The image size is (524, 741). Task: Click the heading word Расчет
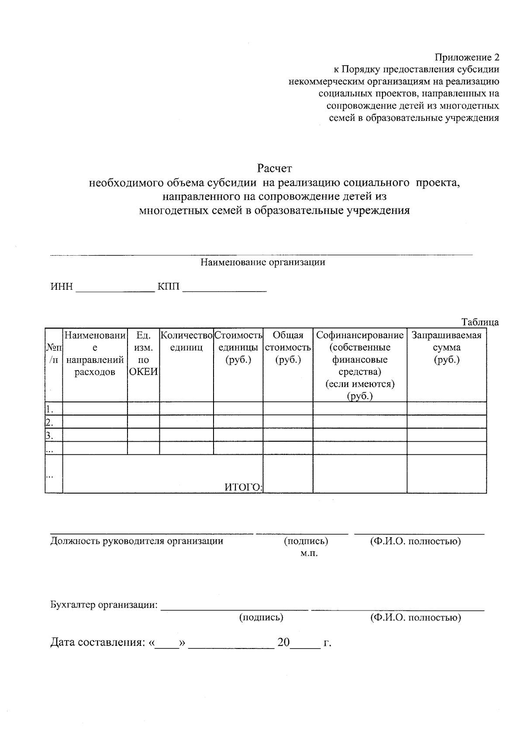pos(274,168)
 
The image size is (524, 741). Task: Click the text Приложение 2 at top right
pos(466,57)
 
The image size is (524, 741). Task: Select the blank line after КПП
pos(224,288)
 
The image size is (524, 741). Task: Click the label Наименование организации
pos(262,262)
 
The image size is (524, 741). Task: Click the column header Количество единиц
pos(186,341)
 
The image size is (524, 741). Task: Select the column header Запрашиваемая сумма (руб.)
pos(446,347)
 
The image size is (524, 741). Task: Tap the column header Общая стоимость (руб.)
pos(288,347)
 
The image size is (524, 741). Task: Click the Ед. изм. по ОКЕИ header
pos(143,353)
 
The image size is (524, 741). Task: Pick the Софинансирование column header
pos(360,335)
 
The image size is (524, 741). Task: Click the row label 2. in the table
pos(49,422)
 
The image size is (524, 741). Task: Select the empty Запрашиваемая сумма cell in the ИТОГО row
pos(446,474)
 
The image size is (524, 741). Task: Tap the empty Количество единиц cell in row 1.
pos(186,408)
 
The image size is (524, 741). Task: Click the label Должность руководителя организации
pos(137,541)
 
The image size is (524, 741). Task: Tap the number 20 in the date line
pos(283,642)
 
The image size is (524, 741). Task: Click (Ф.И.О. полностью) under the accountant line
pos(415,617)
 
